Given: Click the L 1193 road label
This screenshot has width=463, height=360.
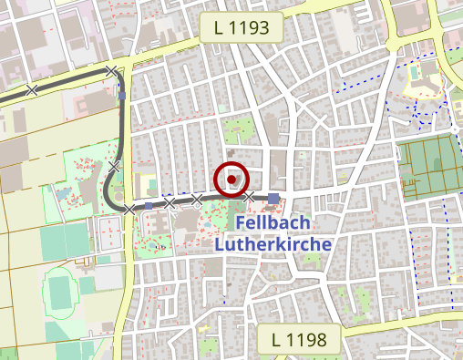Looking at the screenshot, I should pyautogui.click(x=242, y=28).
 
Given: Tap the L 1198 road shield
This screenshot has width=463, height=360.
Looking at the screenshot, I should pyautogui.click(x=299, y=341).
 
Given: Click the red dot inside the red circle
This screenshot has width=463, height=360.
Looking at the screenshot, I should pyautogui.click(x=231, y=180).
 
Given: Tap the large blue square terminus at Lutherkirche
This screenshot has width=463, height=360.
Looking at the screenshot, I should pyautogui.click(x=273, y=198).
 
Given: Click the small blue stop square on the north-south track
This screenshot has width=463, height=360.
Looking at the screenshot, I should pyautogui.click(x=122, y=95).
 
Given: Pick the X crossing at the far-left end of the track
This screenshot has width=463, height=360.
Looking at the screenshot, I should pyautogui.click(x=31, y=89).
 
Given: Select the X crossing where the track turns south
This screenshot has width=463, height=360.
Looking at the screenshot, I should pyautogui.click(x=111, y=71).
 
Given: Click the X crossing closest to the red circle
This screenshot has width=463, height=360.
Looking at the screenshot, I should pyautogui.click(x=247, y=198).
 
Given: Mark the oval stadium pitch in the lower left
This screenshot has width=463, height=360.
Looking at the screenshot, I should pyautogui.click(x=60, y=289).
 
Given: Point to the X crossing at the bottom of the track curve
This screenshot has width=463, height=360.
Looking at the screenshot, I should pyautogui.click(x=129, y=209).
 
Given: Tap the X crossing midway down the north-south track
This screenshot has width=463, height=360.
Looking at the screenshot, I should pyautogui.click(x=114, y=166).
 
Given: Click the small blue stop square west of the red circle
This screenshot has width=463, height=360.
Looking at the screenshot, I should pyautogui.click(x=149, y=207).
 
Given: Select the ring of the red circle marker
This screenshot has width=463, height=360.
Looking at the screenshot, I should pyautogui.click(x=231, y=164).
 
